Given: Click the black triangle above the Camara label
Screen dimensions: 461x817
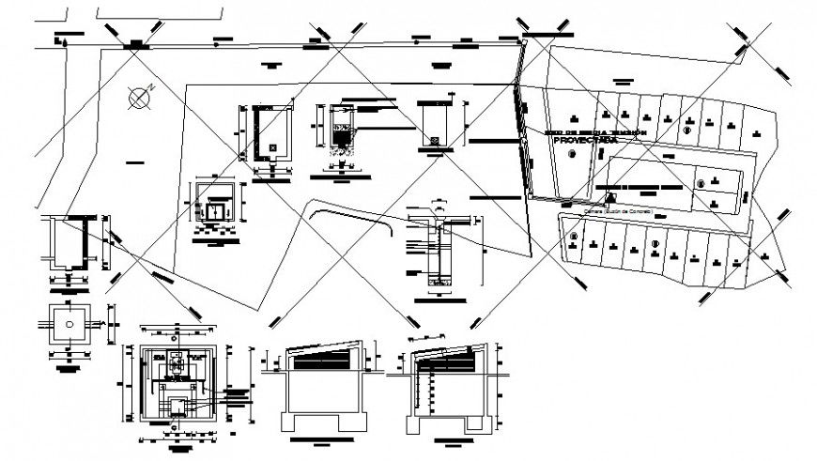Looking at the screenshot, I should (610, 198).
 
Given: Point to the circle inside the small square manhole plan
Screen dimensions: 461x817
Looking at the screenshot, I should (70, 321).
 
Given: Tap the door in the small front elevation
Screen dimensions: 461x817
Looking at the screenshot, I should (218, 212).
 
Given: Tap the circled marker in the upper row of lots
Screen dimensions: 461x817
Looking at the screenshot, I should (688, 131).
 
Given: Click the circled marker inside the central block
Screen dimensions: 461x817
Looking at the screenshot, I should (698, 182).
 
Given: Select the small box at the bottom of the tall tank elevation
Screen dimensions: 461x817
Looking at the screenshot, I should (434, 140).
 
